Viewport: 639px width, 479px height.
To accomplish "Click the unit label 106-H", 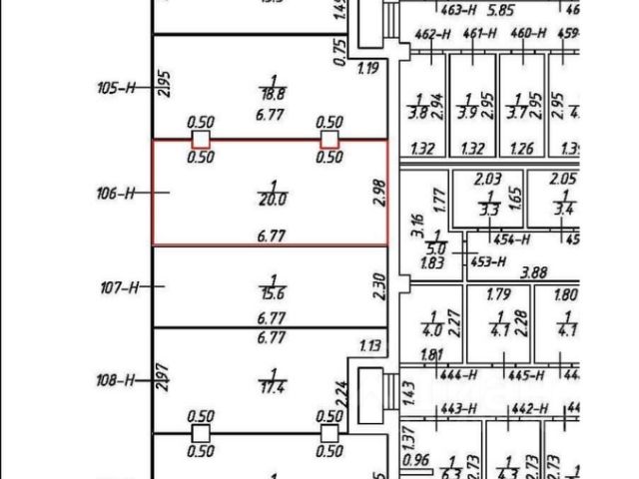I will point(116,193).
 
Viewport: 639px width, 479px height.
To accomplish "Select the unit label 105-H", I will point(116,88).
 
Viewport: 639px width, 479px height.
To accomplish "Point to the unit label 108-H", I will point(116,380).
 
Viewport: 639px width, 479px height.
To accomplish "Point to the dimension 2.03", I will point(487,179).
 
